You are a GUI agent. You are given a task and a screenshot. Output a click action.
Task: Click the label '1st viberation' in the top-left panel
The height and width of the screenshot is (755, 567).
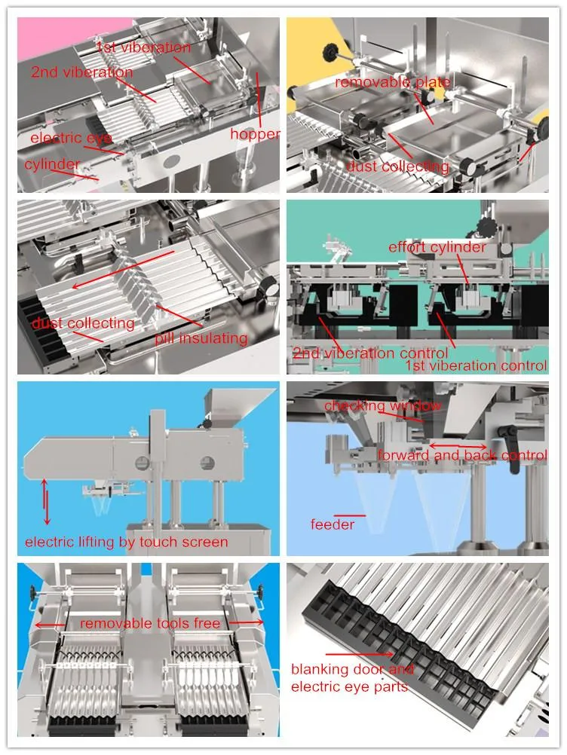click(143, 48)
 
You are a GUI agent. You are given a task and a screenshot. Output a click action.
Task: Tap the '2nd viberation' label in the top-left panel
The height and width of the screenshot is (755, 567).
click(81, 73)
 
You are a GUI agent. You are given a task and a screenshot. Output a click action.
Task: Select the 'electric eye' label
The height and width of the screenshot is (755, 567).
click(71, 139)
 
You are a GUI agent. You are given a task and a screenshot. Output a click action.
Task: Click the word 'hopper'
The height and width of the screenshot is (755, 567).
click(255, 135)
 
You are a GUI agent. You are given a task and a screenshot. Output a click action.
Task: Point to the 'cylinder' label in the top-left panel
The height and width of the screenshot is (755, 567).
click(52, 164)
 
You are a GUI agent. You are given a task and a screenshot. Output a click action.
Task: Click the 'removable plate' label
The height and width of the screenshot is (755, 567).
click(392, 82)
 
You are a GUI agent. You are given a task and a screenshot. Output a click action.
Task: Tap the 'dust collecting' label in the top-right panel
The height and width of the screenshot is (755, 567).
click(397, 167)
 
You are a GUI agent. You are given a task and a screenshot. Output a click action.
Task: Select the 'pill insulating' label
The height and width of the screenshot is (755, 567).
click(201, 338)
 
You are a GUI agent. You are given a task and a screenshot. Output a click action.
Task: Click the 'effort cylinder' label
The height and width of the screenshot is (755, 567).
click(437, 247)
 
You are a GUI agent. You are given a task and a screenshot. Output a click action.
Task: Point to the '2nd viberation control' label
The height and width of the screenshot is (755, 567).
click(369, 353)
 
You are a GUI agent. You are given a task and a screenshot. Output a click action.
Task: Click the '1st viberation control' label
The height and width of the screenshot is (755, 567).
click(476, 366)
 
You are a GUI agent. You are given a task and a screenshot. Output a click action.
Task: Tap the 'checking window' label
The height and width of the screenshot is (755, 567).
click(382, 406)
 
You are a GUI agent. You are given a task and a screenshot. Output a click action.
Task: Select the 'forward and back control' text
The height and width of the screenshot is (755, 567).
click(462, 455)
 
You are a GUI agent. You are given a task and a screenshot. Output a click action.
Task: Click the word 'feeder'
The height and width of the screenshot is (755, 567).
click(332, 524)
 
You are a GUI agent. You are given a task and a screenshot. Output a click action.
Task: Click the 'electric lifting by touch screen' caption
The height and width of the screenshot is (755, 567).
click(127, 542)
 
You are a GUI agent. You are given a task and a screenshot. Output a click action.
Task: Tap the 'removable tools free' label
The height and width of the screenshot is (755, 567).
click(150, 623)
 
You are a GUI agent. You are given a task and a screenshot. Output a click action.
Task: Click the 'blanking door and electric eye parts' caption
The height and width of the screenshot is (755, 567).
click(352, 677)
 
